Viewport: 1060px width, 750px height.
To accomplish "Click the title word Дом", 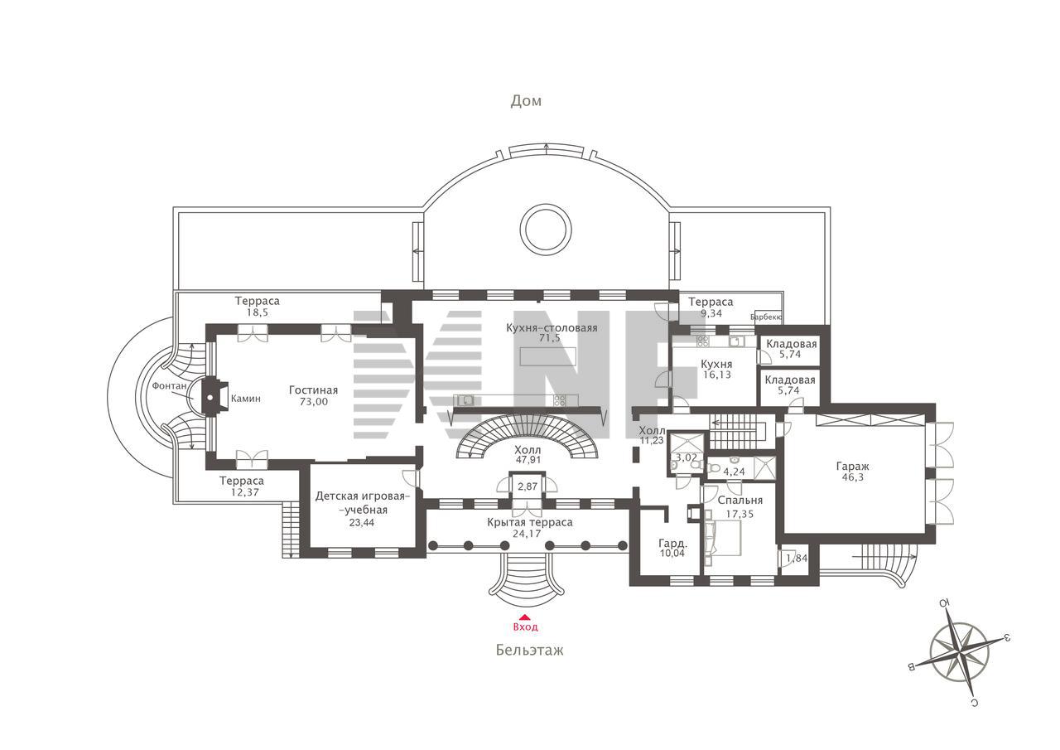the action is pos(526,101).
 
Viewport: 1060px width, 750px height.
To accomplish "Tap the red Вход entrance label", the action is pos(525,627).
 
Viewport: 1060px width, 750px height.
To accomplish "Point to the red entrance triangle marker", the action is pos(525,617).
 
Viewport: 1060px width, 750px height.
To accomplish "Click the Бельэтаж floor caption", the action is pos(529,650).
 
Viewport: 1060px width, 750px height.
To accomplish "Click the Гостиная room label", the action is pos(313,390).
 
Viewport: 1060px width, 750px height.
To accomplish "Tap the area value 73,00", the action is pos(314,402).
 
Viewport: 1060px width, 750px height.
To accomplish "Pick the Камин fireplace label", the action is pos(246,399).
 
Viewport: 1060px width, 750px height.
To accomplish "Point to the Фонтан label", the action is pos(169,386).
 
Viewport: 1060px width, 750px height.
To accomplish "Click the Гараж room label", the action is pos(853,467).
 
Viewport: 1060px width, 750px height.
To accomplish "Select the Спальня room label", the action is pos(740,501).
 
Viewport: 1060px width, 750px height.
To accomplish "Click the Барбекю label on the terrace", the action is pos(766,317).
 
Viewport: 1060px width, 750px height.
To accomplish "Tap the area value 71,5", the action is pos(549,337).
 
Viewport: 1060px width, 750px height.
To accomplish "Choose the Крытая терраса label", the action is pos(530,522).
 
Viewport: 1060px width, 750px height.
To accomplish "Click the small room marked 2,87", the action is pos(528,488).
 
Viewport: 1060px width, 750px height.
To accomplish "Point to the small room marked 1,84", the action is pos(794,559).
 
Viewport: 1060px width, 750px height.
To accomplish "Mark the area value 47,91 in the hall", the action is pos(528,459).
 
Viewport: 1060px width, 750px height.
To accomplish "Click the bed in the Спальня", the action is pos(723,537).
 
